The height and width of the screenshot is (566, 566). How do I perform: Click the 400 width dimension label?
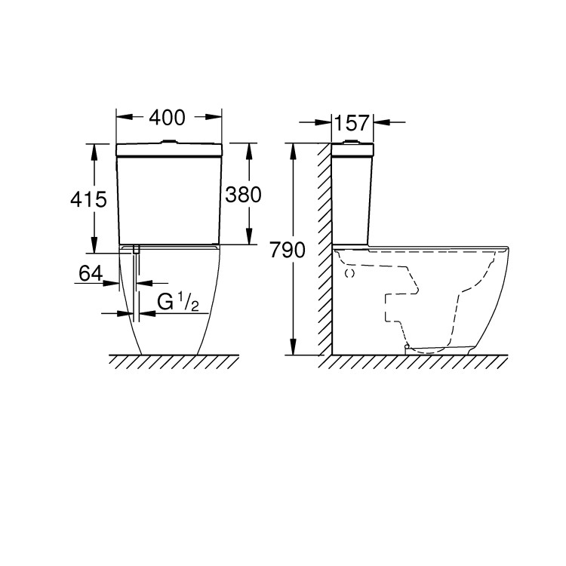(169, 118)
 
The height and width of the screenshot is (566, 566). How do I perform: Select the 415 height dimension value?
(88, 199)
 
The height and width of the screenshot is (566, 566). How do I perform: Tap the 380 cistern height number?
(243, 195)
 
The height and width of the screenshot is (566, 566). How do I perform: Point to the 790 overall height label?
(287, 250)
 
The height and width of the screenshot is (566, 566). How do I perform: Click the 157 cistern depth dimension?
(352, 122)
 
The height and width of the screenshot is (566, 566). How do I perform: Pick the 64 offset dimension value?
(91, 274)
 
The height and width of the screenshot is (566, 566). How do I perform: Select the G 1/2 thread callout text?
(178, 303)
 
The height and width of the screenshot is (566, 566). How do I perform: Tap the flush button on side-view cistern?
(353, 141)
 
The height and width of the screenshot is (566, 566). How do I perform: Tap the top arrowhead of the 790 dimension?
(294, 149)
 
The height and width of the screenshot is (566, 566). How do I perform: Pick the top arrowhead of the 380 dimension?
(248, 148)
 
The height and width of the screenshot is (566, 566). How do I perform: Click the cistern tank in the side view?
(352, 196)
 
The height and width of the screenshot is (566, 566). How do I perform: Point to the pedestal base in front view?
(169, 317)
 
